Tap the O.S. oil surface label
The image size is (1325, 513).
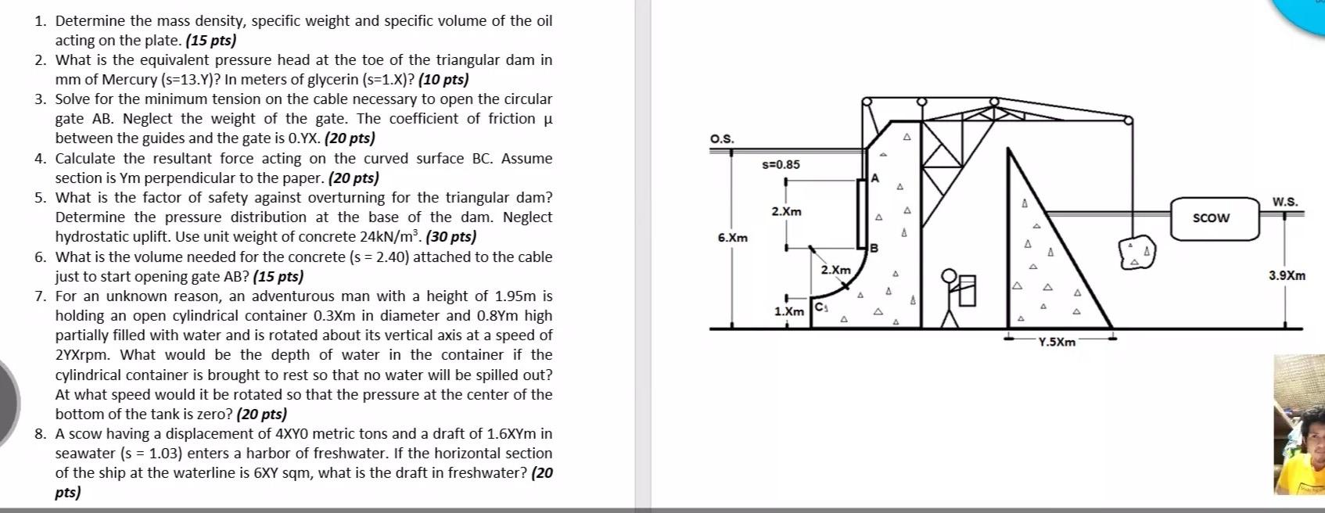(721, 139)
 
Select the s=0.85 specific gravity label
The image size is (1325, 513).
(781, 164)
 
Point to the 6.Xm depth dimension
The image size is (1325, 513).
(732, 238)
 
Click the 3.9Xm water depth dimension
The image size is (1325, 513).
(1287, 275)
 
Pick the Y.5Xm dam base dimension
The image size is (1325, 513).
(1057, 342)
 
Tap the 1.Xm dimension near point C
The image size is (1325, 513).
(788, 311)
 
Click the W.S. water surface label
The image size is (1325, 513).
(1284, 202)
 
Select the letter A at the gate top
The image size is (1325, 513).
(875, 178)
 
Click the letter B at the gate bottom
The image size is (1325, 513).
(874, 248)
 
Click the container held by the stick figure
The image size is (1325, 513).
(967, 290)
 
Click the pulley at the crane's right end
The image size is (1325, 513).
(1128, 120)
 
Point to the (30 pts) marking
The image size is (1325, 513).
(451, 236)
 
